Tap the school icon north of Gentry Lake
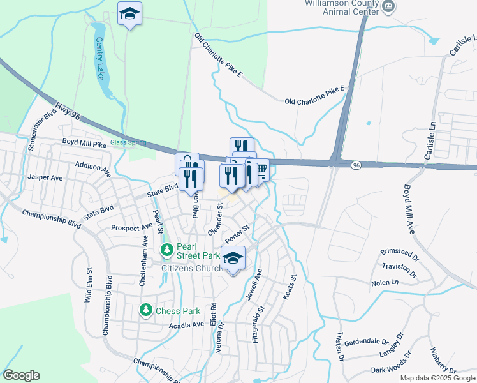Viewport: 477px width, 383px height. pyautogui.click(x=129, y=13)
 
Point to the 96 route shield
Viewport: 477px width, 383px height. pyautogui.click(x=356, y=165)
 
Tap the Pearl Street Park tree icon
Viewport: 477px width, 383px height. pyautogui.click(x=166, y=250)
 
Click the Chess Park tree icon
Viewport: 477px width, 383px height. pyautogui.click(x=146, y=310)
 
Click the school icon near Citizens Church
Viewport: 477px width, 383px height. pyautogui.click(x=233, y=259)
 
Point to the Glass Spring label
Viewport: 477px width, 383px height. pyautogui.click(x=128, y=142)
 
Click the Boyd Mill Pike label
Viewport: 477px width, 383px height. pyautogui.click(x=84, y=144)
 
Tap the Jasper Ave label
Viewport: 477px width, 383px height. pyautogui.click(x=45, y=177)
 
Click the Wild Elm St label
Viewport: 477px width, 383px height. pyautogui.click(x=88, y=285)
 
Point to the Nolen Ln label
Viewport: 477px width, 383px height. pyautogui.click(x=386, y=282)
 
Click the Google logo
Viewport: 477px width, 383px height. pyautogui.click(x=21, y=375)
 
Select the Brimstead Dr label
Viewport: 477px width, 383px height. pyautogui.click(x=399, y=252)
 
